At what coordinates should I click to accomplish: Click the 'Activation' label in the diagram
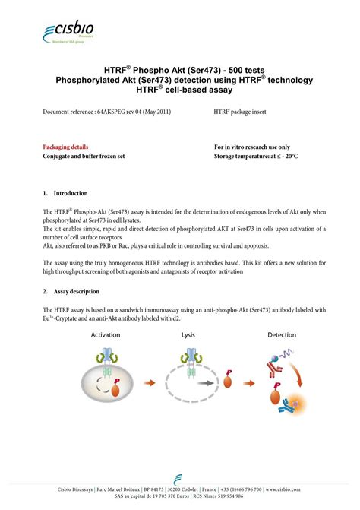pos(106,334)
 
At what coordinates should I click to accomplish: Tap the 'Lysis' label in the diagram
pos(189,334)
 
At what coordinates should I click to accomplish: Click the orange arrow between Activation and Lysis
pos(151,383)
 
